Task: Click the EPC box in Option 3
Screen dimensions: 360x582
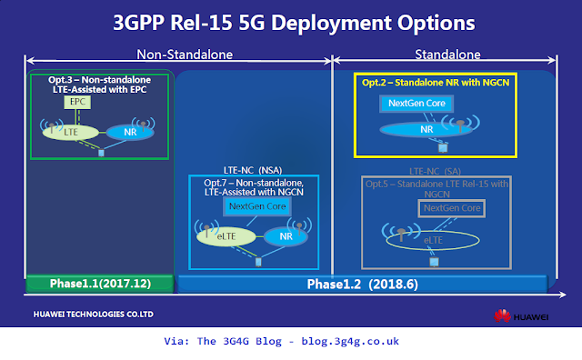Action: [x=75, y=104]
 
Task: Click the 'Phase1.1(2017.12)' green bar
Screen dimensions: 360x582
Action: [x=99, y=285]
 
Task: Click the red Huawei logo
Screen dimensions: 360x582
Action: [x=501, y=315]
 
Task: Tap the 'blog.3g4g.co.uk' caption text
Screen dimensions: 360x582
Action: [x=348, y=342]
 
